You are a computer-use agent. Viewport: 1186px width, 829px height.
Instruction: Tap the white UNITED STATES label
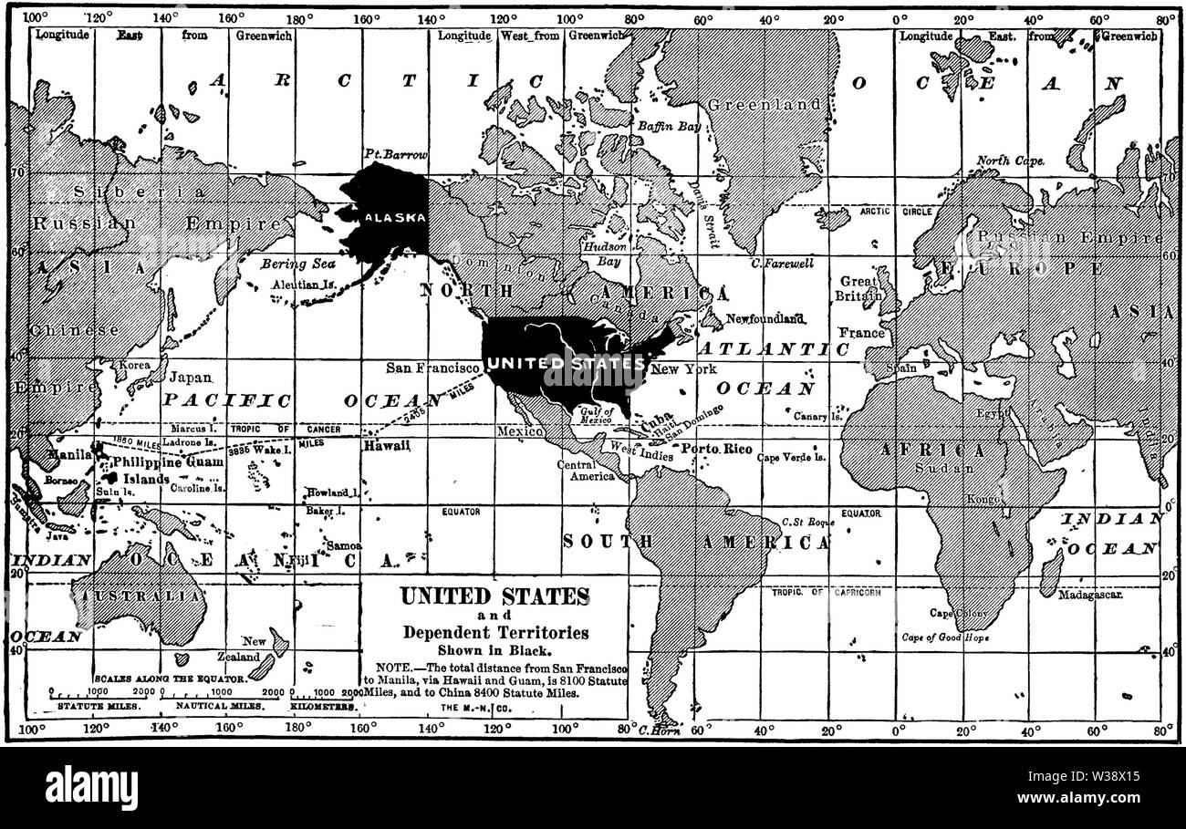tap(566, 363)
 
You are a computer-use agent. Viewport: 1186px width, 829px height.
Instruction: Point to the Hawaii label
tap(386, 446)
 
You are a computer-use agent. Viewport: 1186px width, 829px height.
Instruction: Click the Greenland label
tap(765, 105)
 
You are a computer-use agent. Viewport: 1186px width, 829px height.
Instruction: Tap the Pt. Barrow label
tap(394, 154)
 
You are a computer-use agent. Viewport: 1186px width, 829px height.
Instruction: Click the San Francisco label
tap(432, 368)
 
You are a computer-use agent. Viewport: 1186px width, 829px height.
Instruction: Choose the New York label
tap(683, 369)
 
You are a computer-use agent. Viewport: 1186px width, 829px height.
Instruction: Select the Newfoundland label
tap(765, 318)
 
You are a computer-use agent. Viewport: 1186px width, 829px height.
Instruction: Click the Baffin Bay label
tap(669, 127)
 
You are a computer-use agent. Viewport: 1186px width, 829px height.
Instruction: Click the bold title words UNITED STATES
tap(494, 596)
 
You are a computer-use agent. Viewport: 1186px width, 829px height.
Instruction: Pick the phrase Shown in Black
tap(494, 650)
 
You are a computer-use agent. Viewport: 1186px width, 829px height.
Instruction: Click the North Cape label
tap(1010, 161)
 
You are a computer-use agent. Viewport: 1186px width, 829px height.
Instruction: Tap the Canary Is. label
tap(817, 416)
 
